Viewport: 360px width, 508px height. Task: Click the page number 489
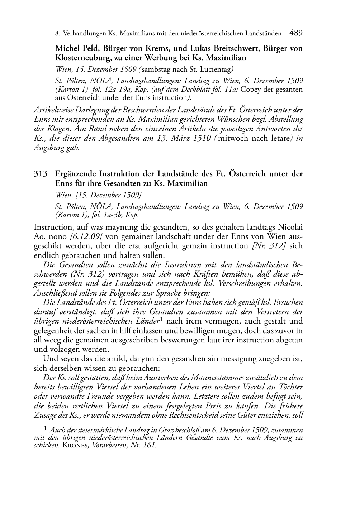point(296,33)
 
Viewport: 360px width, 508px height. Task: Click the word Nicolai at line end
point(291,227)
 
